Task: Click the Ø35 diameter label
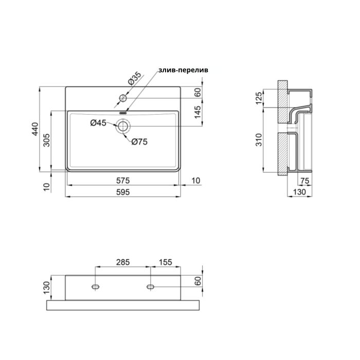tap(134, 79)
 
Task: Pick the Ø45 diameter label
tap(98, 122)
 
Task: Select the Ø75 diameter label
tap(139, 142)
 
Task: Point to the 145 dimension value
tap(198, 112)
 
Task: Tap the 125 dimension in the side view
tap(259, 97)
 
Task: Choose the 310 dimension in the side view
tap(259, 139)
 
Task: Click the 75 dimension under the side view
tap(304, 181)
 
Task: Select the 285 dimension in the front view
tap(122, 262)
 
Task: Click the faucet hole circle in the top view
tap(123, 98)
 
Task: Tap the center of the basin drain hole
tap(124, 126)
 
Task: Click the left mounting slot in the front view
tap(96, 286)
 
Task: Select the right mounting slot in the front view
tap(151, 286)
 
